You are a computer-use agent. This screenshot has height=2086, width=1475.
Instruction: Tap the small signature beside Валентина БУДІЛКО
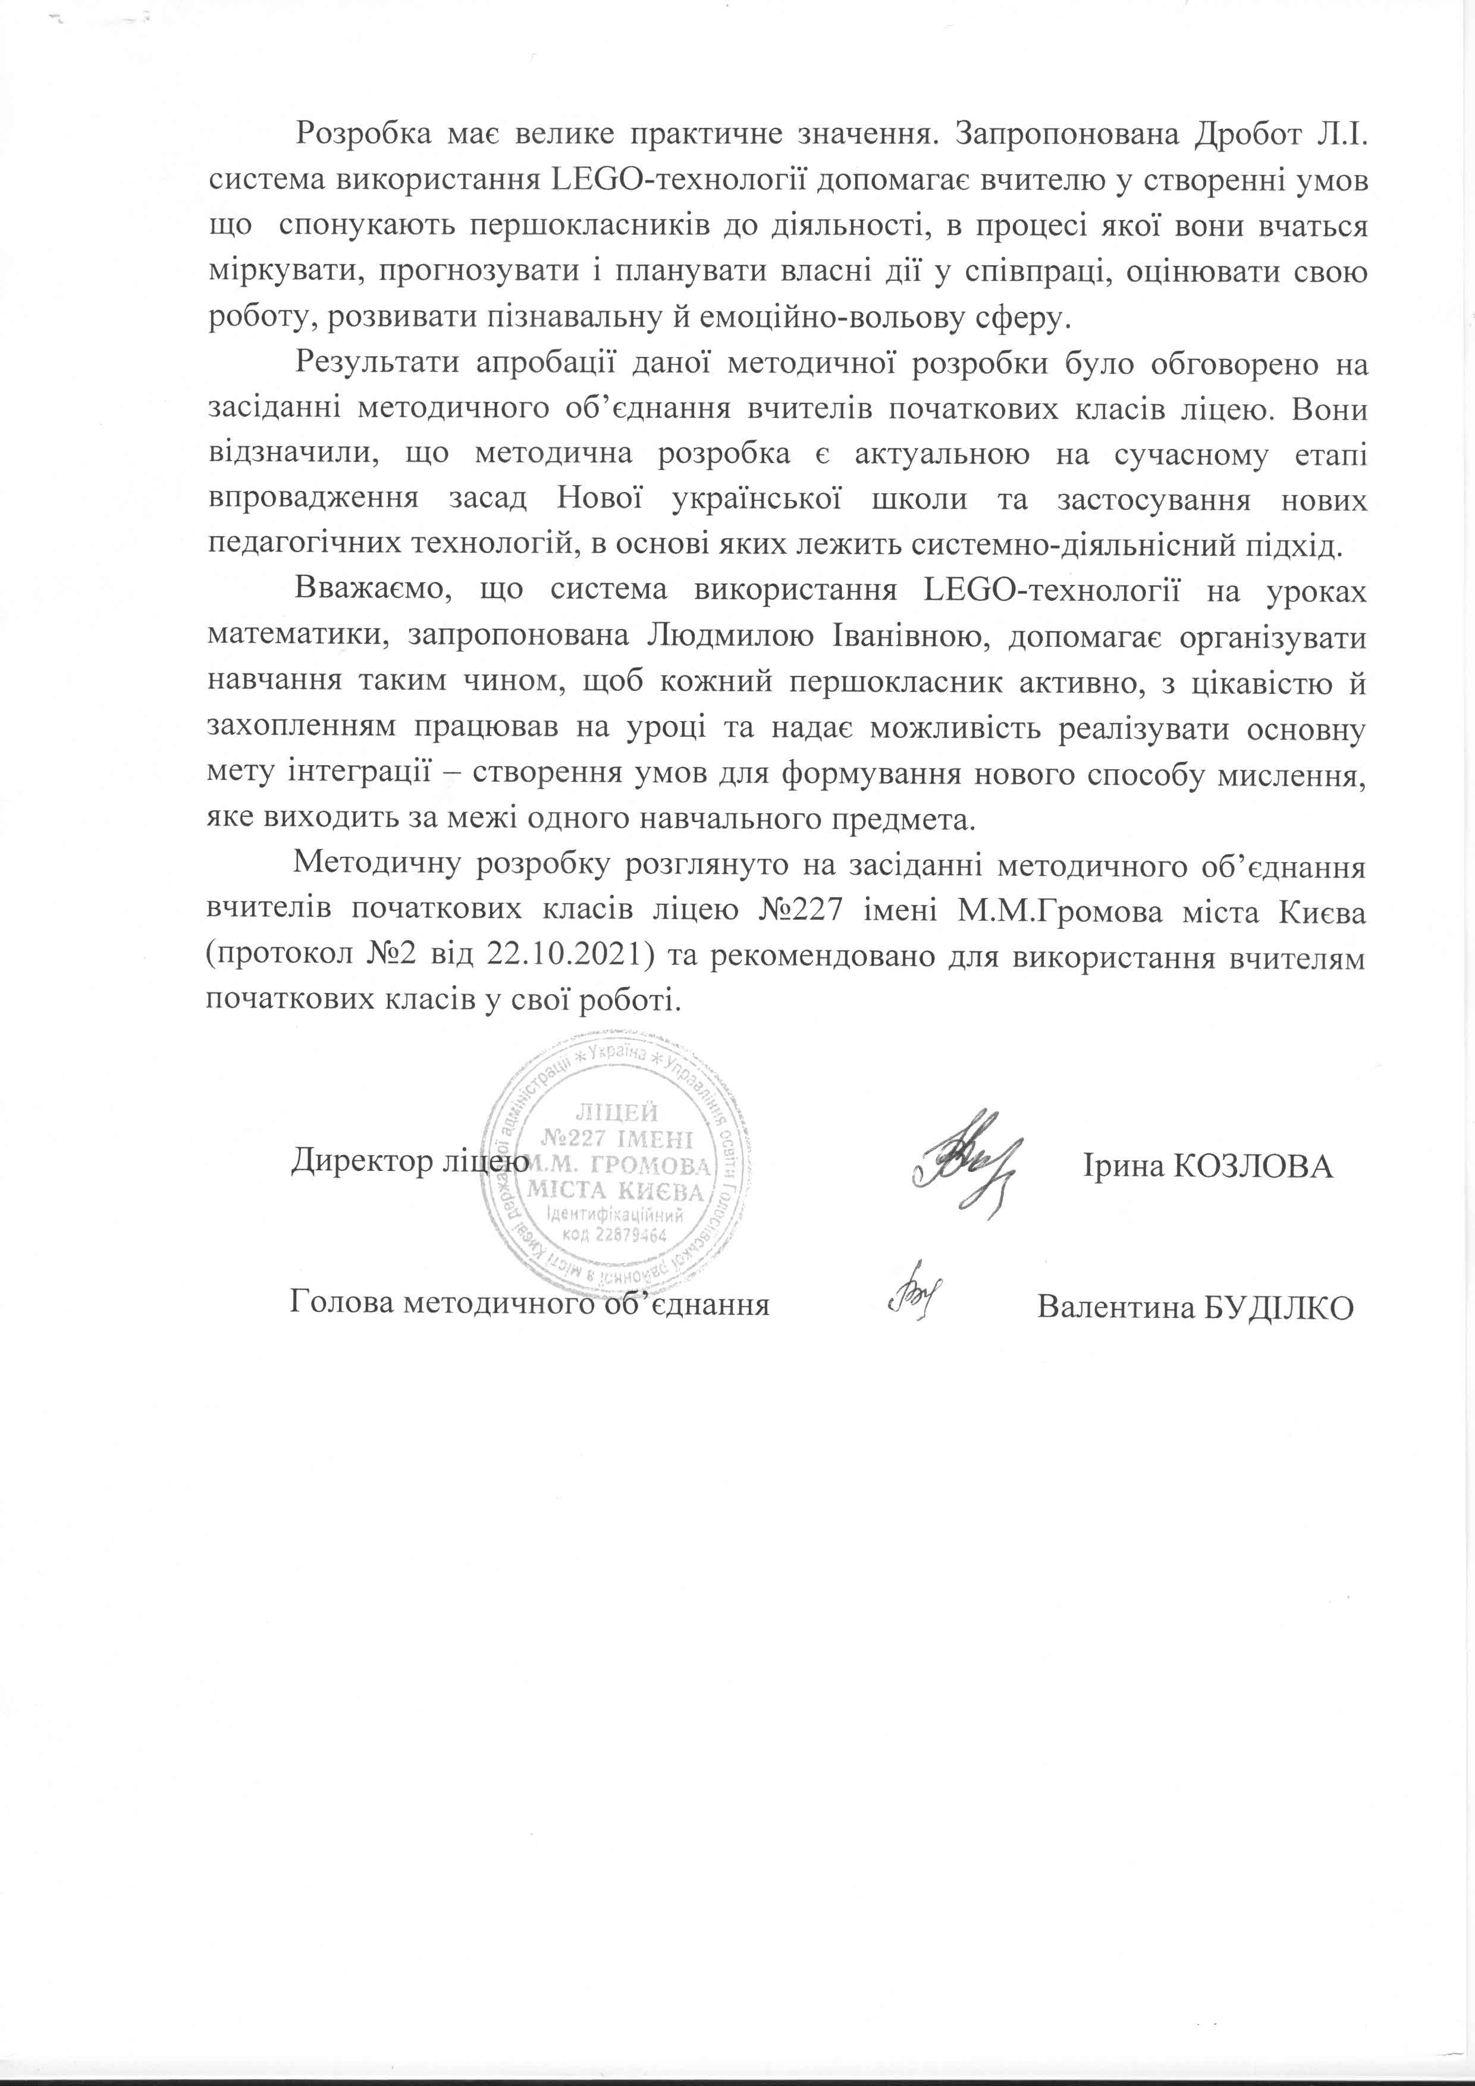point(912,1301)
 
